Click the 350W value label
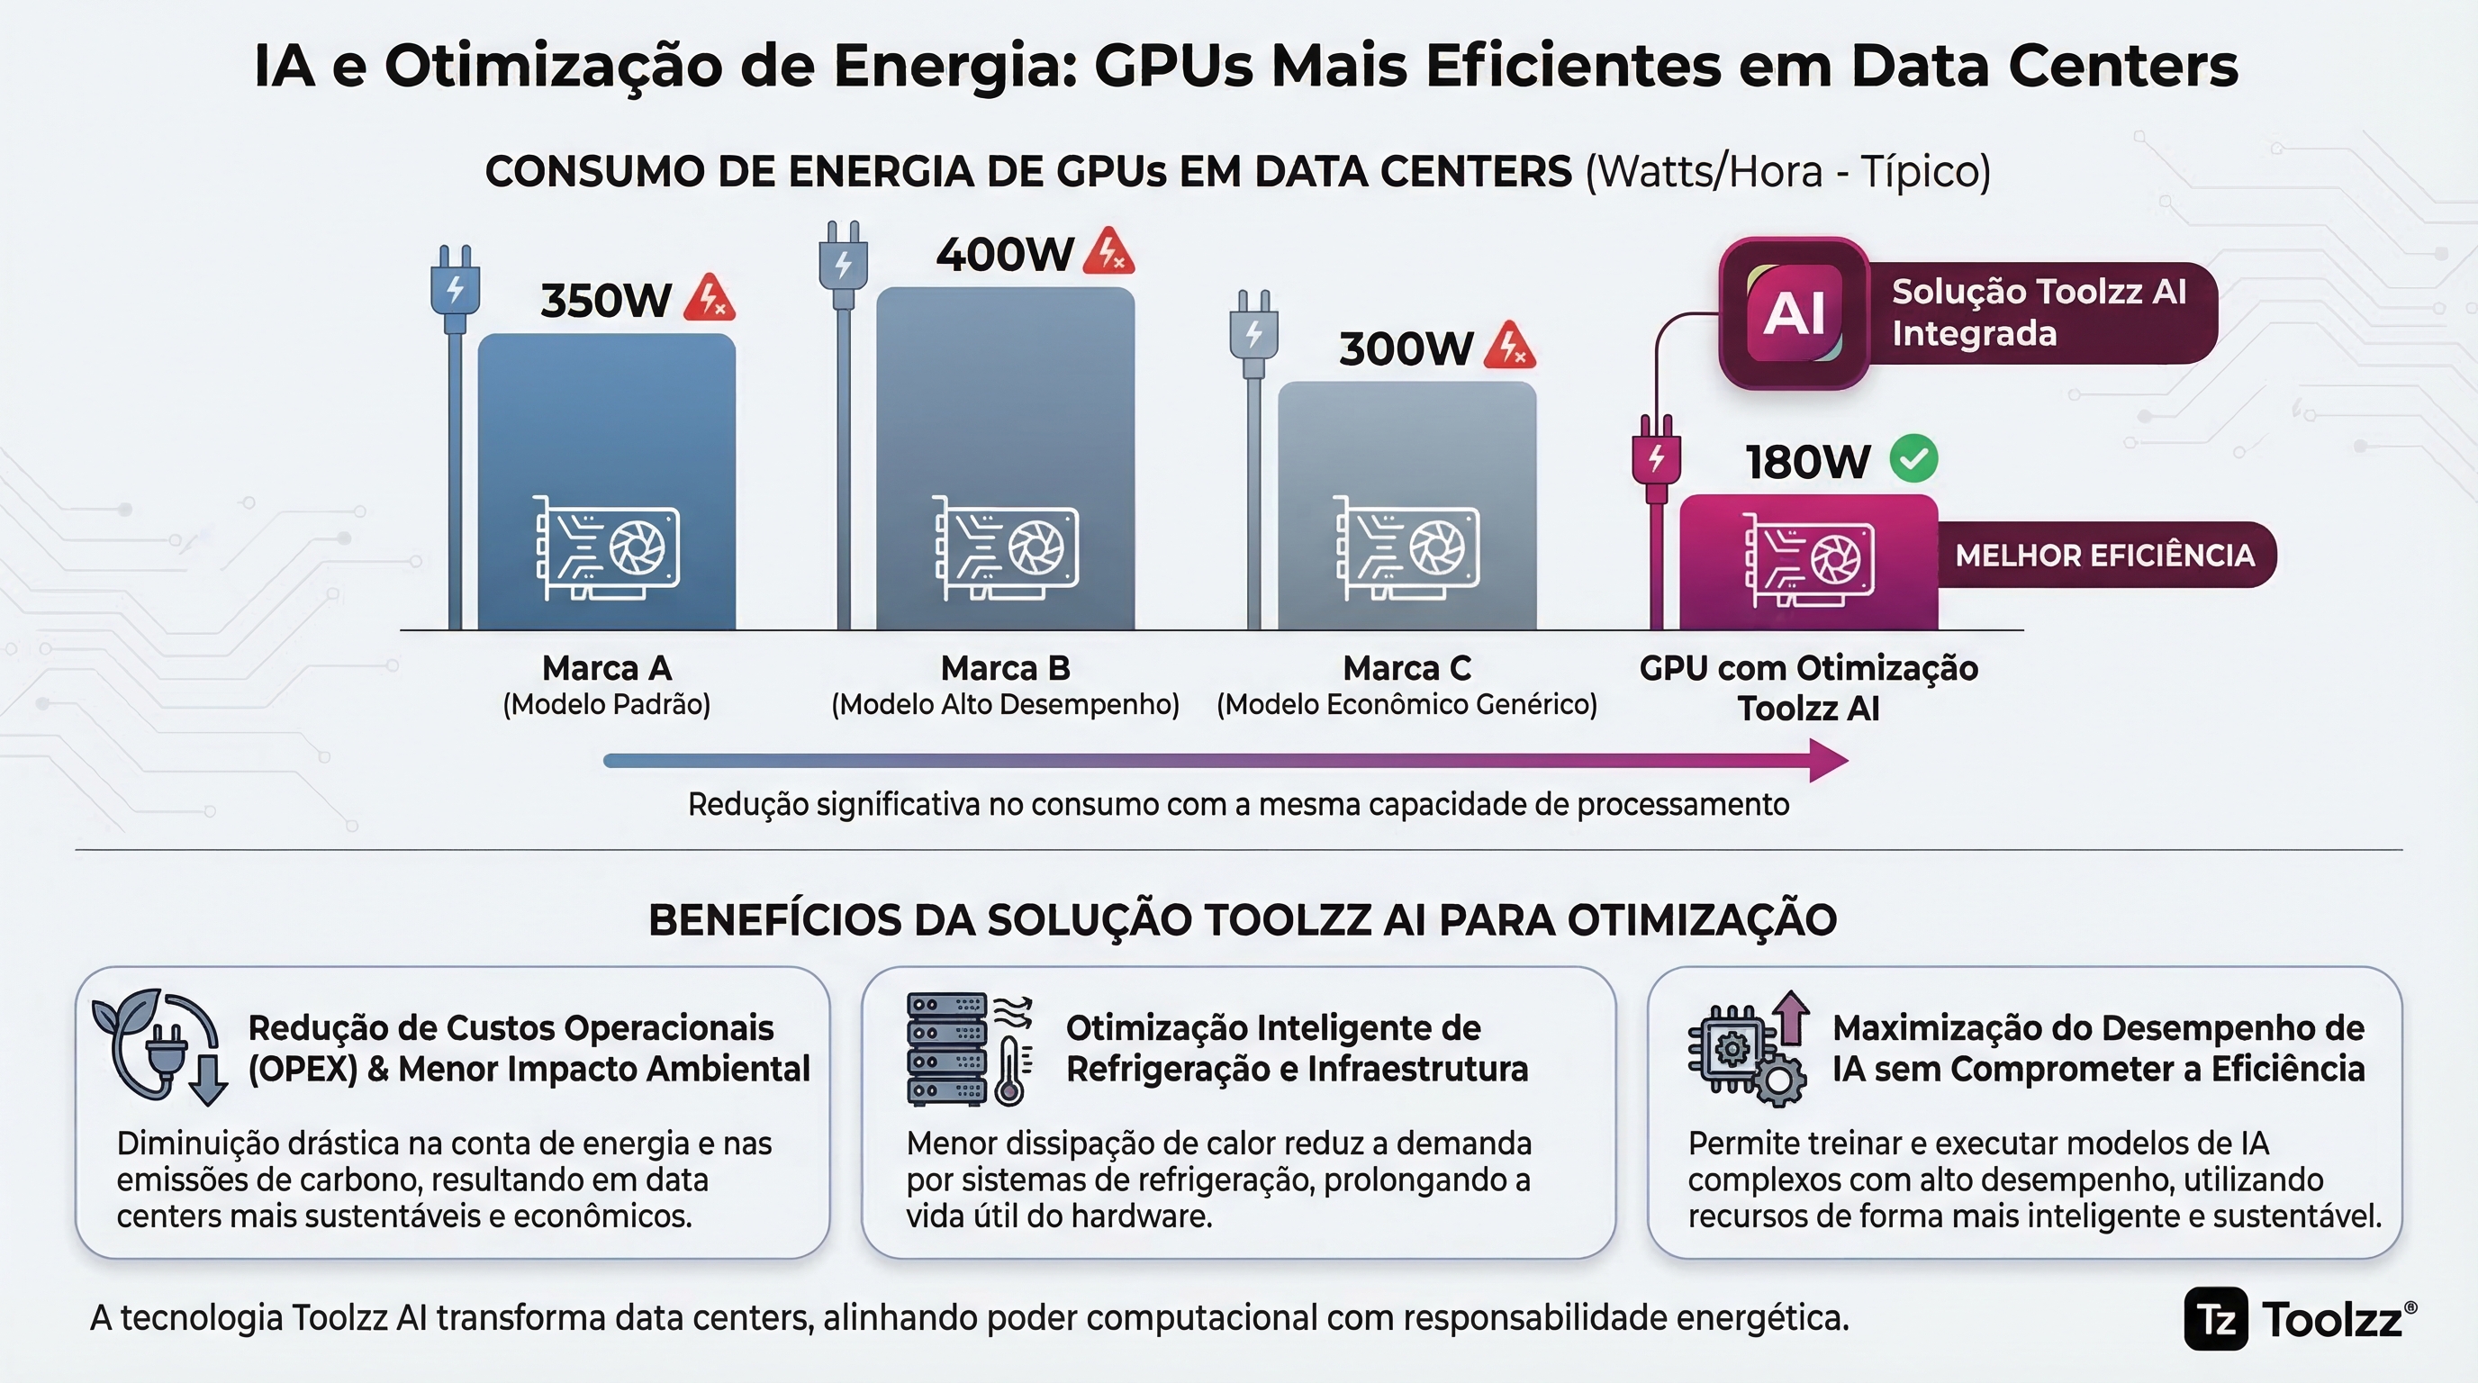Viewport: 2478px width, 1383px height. point(605,301)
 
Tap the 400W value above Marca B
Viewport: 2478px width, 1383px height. point(1003,255)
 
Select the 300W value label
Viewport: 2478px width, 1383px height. point(1406,348)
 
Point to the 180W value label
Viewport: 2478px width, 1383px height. point(1807,463)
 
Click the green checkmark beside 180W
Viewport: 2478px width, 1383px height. point(1913,459)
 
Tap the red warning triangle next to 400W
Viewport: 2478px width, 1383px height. point(1109,252)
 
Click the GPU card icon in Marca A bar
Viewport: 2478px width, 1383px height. point(607,548)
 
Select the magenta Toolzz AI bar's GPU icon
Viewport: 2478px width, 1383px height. point(1808,560)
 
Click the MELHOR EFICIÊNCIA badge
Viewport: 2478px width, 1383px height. point(2104,555)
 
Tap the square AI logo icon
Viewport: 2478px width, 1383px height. point(1794,313)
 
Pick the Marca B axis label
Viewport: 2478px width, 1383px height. point(1005,667)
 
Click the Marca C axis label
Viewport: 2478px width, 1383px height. point(1406,667)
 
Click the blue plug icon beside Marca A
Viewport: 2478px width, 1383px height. point(455,288)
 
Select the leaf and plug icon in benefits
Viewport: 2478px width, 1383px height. point(159,1046)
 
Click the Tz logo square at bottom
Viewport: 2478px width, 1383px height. point(2216,1318)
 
